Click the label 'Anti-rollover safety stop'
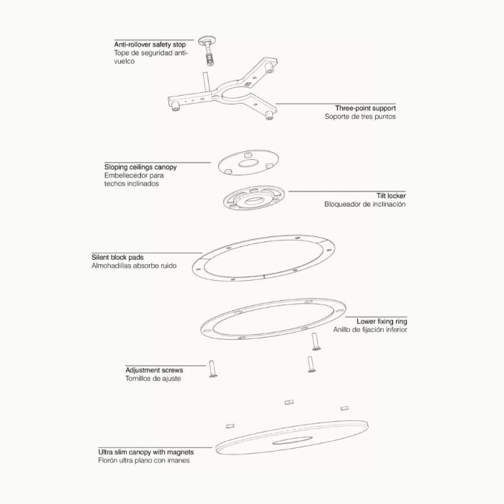150,45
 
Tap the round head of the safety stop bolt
207,41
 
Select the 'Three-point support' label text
366,108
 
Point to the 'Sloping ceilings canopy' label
140,167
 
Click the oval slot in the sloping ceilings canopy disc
248,163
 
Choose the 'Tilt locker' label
391,196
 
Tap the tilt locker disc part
254,198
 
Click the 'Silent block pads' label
117,258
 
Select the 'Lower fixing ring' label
382,321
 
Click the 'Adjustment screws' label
154,370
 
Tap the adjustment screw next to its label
212,369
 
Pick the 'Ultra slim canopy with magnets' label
146,452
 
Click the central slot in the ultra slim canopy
292,441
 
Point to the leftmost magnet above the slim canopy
230,426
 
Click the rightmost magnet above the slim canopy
345,408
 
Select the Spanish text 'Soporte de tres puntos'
360,117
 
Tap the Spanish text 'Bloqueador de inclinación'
365,204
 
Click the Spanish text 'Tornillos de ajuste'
153,379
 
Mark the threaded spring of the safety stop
210,59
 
